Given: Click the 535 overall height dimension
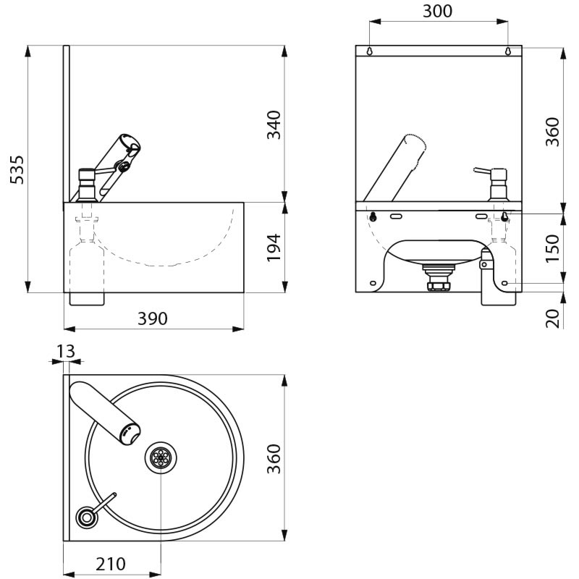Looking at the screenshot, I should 17,169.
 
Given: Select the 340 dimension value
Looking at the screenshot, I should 274,124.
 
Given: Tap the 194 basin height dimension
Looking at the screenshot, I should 274,248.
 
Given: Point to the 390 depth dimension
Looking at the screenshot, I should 153,318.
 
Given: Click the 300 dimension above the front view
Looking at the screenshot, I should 437,11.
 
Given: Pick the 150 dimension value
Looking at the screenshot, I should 552,248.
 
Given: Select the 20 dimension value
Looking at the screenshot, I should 552,317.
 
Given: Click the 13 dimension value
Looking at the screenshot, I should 65,351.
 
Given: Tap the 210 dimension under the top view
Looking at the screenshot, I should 111,563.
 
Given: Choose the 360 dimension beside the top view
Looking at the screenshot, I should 274,459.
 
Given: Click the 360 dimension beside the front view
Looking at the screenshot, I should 552,132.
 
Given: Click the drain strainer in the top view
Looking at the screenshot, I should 159,457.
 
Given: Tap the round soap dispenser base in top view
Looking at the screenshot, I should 87,516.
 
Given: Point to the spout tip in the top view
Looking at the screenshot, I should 130,434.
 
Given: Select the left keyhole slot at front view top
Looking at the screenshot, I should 370,51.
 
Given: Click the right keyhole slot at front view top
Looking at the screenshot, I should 507,51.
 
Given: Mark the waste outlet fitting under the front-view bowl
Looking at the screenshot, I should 436,277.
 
